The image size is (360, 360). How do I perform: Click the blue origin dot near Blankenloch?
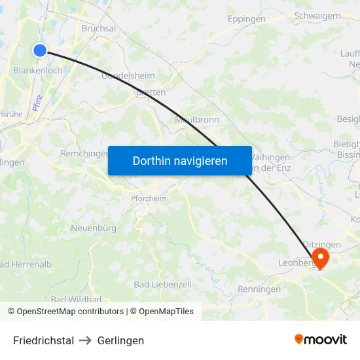point(40,50)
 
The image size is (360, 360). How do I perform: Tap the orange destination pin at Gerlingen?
point(321,257)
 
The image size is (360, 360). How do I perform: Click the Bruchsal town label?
point(99,28)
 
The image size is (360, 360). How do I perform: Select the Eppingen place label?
point(247,19)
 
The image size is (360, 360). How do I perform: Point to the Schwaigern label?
point(317,15)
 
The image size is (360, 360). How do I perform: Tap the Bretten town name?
point(151,92)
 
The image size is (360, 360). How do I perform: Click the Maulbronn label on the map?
point(197,120)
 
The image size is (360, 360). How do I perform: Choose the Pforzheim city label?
point(149,198)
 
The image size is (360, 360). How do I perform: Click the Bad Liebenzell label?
point(162,284)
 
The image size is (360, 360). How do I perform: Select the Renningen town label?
point(259,289)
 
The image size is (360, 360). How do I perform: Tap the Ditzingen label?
point(322,244)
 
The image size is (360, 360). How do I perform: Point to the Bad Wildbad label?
point(76,299)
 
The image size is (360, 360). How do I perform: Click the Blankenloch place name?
point(38,70)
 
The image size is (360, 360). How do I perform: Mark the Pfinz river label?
point(37,101)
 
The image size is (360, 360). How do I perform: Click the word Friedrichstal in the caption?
point(43,340)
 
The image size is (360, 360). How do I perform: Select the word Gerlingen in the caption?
point(120,340)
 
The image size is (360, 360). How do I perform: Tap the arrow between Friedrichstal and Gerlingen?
point(86,340)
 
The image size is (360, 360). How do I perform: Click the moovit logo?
point(320,339)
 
